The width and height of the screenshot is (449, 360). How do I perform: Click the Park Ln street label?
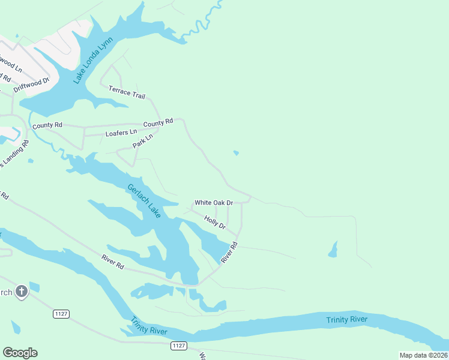[143, 142]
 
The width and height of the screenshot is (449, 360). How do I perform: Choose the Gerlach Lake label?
[144, 200]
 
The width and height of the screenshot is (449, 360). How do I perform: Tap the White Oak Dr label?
[213, 203]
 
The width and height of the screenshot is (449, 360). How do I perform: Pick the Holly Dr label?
[214, 222]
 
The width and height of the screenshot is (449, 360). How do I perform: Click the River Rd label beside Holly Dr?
[229, 252]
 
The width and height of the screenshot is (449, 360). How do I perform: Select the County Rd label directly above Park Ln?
[158, 122]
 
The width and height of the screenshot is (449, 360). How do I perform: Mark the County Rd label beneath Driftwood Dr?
[47, 125]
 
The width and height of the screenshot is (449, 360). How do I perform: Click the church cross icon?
[21, 292]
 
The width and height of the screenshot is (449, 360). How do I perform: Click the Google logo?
[20, 353]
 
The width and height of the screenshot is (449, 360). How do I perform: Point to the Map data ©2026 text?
[423, 355]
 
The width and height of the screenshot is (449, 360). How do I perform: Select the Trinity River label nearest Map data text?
[346, 319]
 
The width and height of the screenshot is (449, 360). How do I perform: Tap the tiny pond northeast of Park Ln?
[236, 153]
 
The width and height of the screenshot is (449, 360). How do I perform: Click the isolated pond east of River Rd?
[333, 250]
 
